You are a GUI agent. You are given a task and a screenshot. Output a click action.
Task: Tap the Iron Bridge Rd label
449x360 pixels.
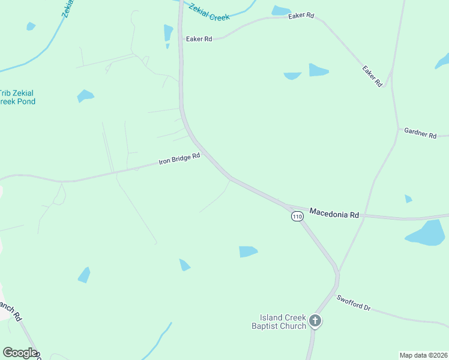179,159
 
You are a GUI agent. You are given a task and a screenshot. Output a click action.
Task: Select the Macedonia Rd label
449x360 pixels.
334,213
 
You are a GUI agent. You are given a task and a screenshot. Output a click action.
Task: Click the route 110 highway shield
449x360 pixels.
297,216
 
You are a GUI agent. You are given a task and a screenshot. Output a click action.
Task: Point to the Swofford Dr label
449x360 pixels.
354,303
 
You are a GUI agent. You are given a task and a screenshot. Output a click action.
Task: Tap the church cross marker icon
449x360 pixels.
315,322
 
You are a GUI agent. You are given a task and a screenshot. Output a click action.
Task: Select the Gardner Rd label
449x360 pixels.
420,133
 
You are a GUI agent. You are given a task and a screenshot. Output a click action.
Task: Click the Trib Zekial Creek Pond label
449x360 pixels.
17,97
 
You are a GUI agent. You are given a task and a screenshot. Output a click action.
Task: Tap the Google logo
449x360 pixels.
20,353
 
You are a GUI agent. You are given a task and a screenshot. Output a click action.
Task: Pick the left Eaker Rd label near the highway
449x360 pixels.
199,39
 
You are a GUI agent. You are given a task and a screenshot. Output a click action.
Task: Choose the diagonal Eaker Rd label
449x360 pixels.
372,76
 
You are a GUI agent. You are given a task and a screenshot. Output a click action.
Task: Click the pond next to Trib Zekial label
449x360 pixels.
85,95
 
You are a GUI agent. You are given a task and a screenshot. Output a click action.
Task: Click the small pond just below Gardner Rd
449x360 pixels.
408,199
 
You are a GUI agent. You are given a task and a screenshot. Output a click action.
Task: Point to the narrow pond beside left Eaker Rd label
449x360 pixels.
168,33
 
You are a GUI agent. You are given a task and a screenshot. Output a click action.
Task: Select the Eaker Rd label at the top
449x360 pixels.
301,16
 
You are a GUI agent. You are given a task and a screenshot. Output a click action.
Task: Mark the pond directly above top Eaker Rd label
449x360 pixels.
280,10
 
